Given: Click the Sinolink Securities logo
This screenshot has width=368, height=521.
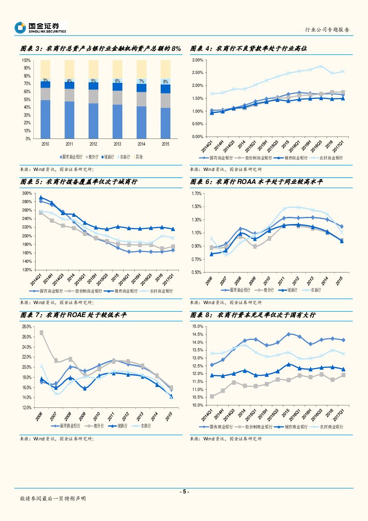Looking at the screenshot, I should tap(40, 28).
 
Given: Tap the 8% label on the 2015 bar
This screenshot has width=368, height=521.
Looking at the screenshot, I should tap(166, 81).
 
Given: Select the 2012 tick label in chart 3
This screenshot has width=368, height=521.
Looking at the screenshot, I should tap(93, 144).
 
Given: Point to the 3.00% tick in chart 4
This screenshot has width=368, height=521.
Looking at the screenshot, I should tap(197, 60).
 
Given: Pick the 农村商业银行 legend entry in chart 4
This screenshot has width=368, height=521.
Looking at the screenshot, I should tap(329, 158).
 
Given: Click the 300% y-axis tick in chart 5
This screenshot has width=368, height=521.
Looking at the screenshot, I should tap(27, 193).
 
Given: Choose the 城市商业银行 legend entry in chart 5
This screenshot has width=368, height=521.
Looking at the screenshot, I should tap(124, 291).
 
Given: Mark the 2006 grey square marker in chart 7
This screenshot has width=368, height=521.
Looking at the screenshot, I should tap(41, 333).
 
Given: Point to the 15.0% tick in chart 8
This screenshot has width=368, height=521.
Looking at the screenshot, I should tap(198, 327).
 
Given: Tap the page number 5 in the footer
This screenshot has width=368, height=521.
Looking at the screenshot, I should tap(184, 492).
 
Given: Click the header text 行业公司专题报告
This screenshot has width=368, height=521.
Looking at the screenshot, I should tap(327, 29).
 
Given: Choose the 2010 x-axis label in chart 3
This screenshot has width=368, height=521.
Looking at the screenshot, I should tap(45, 144).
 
